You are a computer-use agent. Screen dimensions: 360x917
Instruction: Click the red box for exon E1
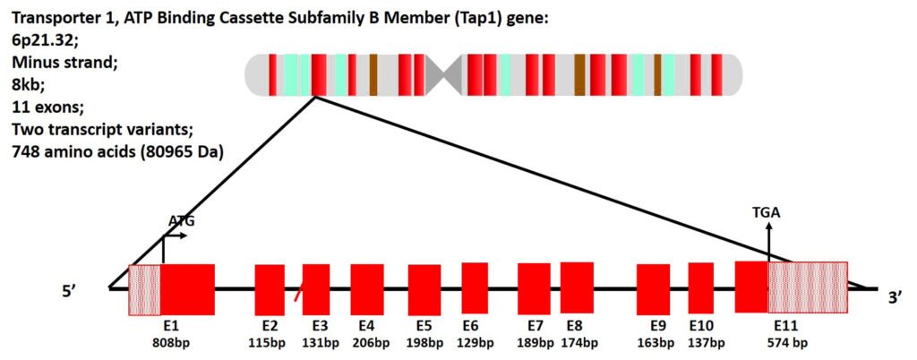(x=187, y=289)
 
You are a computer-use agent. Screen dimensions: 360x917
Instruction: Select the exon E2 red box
(x=270, y=289)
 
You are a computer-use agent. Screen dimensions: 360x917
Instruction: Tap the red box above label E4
(x=367, y=289)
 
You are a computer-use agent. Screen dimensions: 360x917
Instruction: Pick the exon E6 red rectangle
(x=475, y=287)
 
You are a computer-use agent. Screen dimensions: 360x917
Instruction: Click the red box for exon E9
(x=653, y=289)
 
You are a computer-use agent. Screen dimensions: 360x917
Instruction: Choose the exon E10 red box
(x=701, y=287)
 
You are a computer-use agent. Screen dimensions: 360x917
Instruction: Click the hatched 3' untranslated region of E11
(x=808, y=287)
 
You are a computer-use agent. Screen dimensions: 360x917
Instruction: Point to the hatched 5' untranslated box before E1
(x=145, y=289)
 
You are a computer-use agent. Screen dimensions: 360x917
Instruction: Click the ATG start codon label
(x=182, y=220)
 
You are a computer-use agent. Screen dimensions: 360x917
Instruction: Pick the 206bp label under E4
(x=366, y=342)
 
